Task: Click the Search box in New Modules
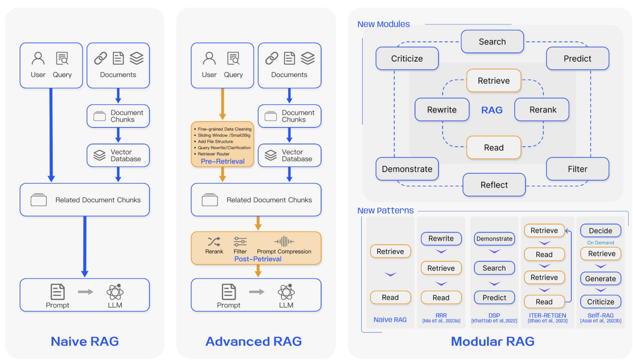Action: (492, 42)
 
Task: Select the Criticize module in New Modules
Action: (407, 58)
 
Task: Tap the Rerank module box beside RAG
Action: (542, 109)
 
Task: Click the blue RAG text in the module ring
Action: (492, 110)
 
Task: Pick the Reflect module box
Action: (494, 184)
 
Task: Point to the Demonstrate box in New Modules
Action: (407, 169)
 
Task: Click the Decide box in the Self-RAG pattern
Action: (601, 231)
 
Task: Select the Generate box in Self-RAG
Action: (601, 279)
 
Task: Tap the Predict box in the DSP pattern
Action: (494, 298)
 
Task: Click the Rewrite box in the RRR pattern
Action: (441, 238)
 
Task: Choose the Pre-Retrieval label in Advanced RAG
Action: (222, 161)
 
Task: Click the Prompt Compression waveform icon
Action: (284, 241)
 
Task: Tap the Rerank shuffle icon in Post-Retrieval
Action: (214, 242)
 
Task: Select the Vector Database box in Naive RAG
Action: (118, 155)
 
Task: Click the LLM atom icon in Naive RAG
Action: (115, 292)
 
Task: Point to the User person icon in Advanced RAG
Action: (209, 58)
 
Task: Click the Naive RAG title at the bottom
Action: (85, 341)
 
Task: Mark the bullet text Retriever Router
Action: (213, 154)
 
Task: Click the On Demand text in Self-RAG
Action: (601, 243)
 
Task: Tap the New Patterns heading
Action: (386, 210)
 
